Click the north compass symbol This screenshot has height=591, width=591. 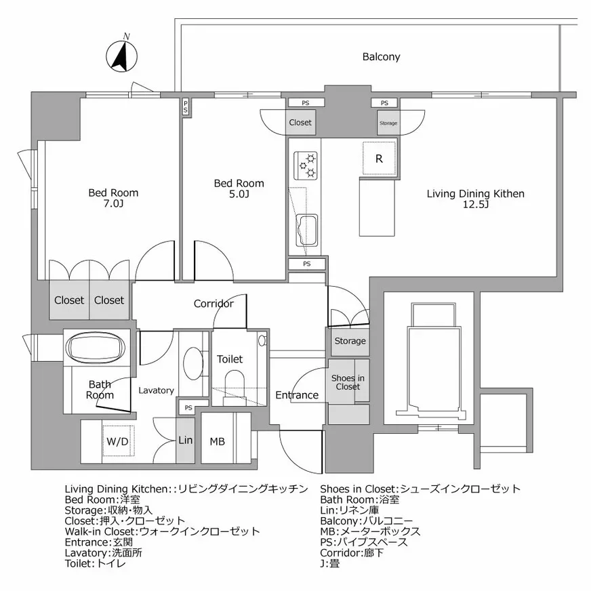[121, 56]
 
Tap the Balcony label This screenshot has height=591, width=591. [381, 57]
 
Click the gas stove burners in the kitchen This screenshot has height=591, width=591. [306, 165]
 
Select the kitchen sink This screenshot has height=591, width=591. [306, 230]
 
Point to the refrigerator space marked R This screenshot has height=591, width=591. [379, 159]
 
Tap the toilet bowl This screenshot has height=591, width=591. [235, 384]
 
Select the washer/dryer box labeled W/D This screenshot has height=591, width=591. [119, 441]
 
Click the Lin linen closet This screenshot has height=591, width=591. [186, 441]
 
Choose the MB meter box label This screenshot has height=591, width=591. [217, 441]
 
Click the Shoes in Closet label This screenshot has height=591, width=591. [348, 382]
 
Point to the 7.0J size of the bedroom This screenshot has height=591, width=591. [113, 204]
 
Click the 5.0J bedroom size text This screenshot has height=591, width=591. [239, 194]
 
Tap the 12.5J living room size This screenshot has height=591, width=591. [476, 205]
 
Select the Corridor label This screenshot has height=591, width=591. [213, 304]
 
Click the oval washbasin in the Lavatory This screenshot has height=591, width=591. [193, 363]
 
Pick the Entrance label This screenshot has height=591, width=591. [297, 395]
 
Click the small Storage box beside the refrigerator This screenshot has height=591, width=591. [388, 123]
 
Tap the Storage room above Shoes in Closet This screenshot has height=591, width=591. [350, 342]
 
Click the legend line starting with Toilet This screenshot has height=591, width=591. [96, 563]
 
